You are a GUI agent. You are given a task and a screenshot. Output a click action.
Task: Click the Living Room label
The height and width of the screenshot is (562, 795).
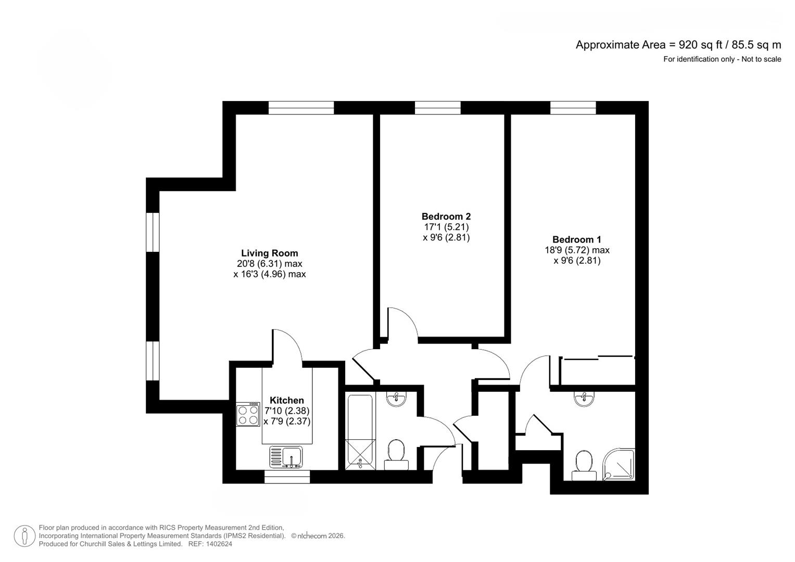click(269, 253)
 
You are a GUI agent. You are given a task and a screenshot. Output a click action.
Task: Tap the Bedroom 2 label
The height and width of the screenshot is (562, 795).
click(446, 216)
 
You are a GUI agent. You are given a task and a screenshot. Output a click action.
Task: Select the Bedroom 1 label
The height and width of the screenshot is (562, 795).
click(576, 240)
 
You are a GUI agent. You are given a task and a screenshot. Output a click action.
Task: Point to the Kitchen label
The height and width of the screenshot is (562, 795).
click(287, 400)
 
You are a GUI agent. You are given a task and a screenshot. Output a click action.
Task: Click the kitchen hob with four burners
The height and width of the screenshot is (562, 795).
click(248, 415)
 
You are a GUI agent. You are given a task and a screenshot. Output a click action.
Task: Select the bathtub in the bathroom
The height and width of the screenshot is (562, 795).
click(360, 432)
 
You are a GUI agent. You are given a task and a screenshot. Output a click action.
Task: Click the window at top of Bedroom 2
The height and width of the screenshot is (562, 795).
click(437, 108)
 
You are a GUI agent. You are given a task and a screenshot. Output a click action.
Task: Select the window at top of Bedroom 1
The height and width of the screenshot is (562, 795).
click(573, 108)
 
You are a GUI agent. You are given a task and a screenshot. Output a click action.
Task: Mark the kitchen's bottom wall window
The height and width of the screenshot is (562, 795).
click(287, 477)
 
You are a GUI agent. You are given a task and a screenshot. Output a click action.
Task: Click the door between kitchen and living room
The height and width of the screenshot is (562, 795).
click(286, 346)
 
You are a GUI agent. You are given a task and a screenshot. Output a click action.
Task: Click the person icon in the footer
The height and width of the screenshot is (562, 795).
click(24, 536)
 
